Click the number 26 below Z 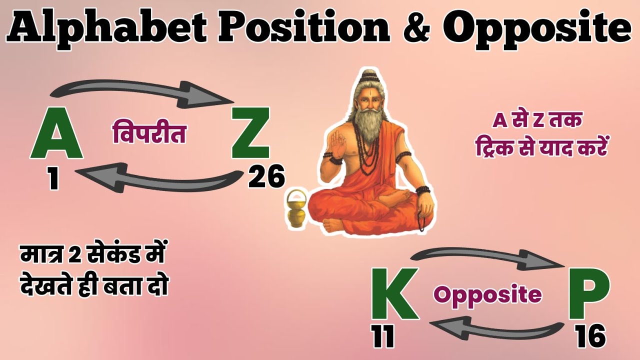pos(266,177)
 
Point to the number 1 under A pos(53,178)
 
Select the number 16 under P pos(590,336)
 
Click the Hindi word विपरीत pos(148,134)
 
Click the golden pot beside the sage pos(295,210)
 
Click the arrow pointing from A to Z pos(140,93)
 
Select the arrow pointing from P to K pos(495,330)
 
